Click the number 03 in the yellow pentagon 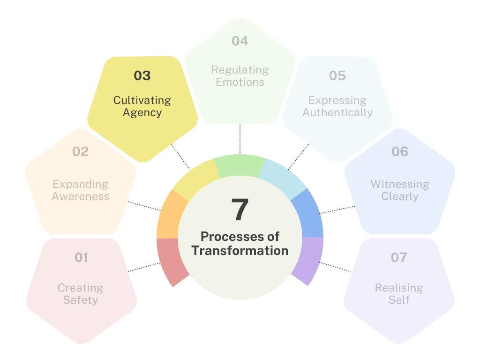[x=142, y=75]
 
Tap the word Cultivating [x=142, y=100]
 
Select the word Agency [x=142, y=113]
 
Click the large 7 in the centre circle [x=240, y=210]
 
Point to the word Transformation [x=240, y=251]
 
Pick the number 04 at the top [x=240, y=41]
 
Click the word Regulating [x=240, y=70]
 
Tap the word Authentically [x=337, y=112]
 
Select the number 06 [x=400, y=151]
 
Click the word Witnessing [x=400, y=184]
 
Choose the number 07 [x=399, y=257]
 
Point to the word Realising [x=399, y=288]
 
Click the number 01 [x=81, y=257]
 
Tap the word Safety [x=81, y=300]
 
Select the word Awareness [x=81, y=196]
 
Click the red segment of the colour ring [x=170, y=260]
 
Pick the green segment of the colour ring [x=240, y=165]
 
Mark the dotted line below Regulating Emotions [x=240, y=138]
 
